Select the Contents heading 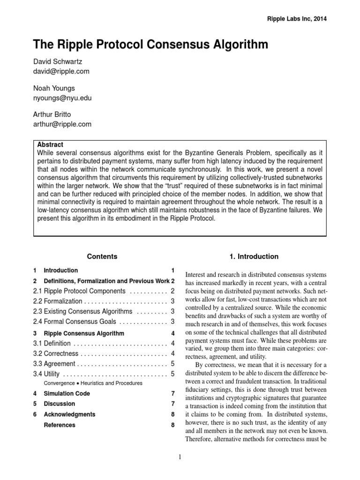pyautogui.click(x=102, y=256)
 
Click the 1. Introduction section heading pyautogui.click(x=254, y=256)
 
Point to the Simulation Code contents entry pyautogui.click(x=67, y=393)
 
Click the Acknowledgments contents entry pyautogui.click(x=69, y=414)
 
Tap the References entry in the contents pyautogui.click(x=59, y=425)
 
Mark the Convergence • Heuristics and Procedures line pyautogui.click(x=93, y=383)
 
